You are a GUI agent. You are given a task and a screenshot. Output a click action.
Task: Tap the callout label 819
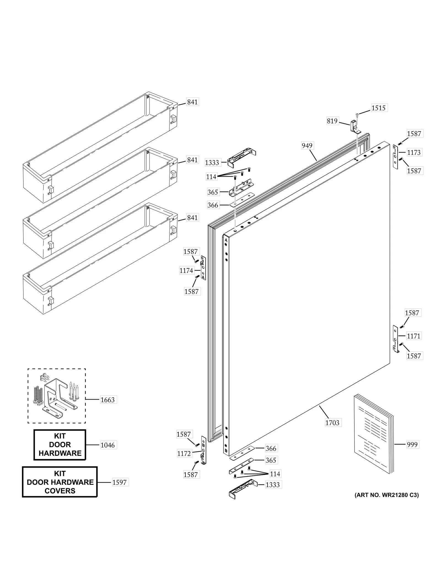332,121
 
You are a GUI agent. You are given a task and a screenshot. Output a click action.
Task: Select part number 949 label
307,145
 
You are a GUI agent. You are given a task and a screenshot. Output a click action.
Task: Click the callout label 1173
414,152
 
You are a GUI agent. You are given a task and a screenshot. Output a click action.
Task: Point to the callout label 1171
413,336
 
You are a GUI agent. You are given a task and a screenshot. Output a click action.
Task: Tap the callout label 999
412,444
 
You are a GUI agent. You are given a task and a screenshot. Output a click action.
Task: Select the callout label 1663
107,400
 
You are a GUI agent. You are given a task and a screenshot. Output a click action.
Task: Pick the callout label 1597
119,482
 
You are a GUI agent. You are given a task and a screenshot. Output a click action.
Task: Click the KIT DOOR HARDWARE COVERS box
60,482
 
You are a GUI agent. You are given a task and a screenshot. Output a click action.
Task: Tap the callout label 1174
186,270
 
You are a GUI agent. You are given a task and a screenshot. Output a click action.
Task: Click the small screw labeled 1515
357,114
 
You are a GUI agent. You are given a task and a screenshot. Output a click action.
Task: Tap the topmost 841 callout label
192,102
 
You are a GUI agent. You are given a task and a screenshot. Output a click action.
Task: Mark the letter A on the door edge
226,240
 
